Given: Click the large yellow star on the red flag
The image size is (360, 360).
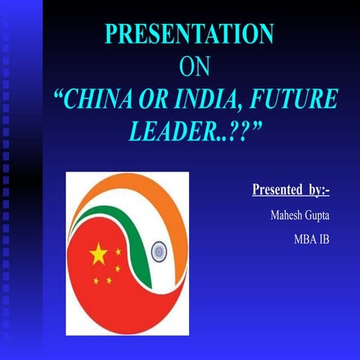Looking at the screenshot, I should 98,255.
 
